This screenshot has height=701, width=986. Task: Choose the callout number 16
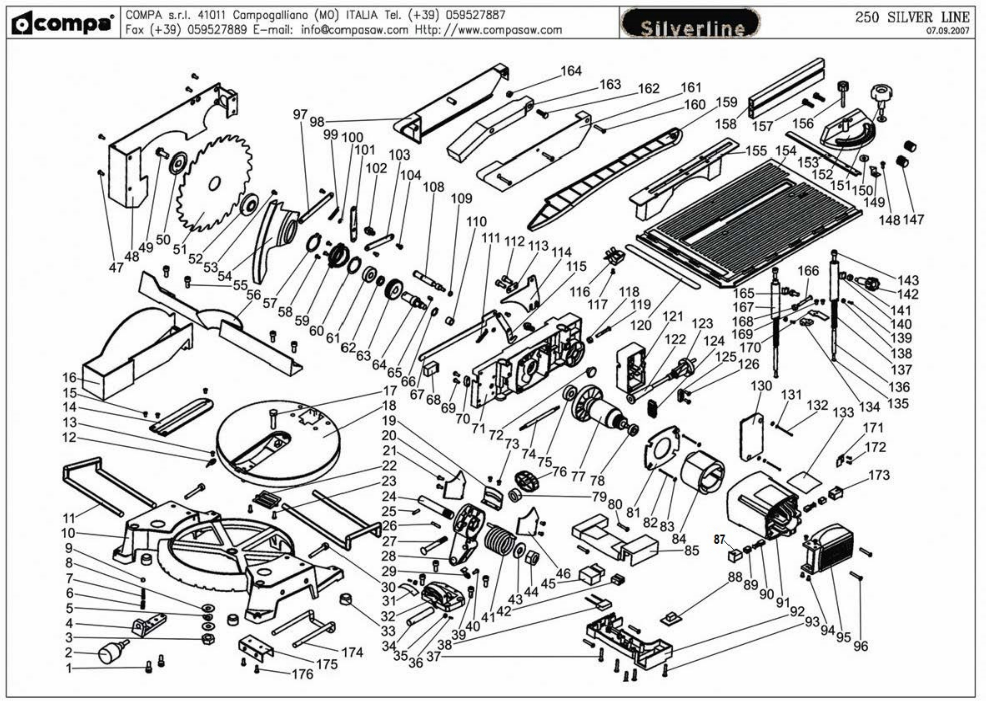pyautogui.click(x=69, y=378)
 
